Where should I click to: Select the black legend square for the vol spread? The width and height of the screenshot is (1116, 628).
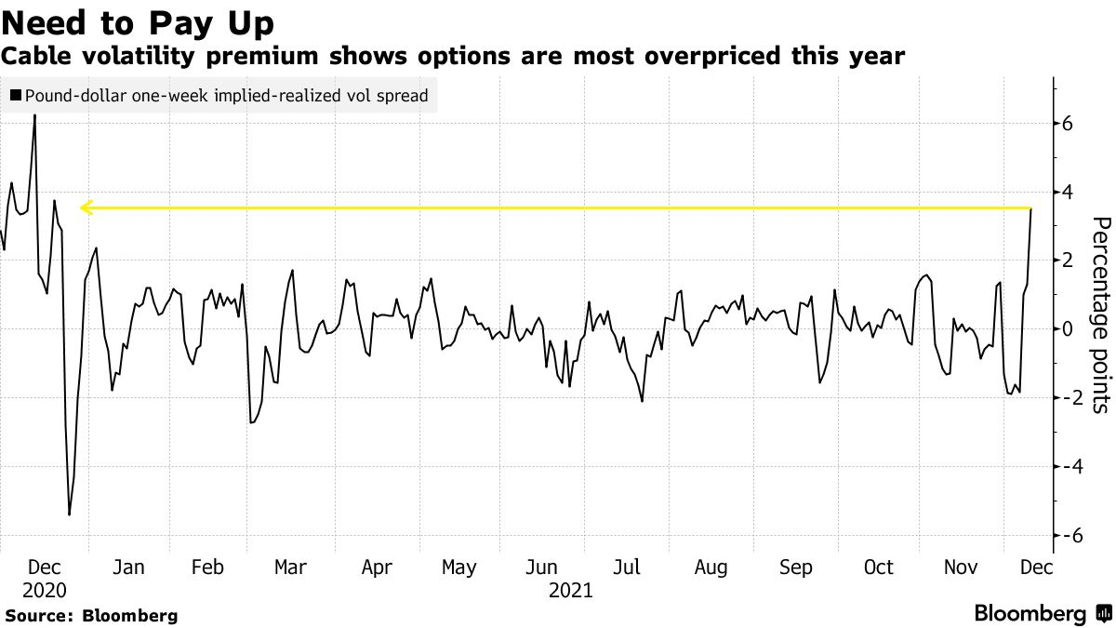click(15, 95)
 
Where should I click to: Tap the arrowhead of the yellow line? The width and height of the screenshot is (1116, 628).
click(86, 207)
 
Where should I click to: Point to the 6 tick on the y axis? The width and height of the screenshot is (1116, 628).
click(1069, 124)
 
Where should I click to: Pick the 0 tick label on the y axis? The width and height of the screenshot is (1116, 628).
click(1069, 329)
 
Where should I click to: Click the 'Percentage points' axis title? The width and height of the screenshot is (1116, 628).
click(1100, 314)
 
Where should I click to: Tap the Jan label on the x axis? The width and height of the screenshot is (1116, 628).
click(127, 568)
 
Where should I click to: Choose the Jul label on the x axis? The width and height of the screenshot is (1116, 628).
click(628, 568)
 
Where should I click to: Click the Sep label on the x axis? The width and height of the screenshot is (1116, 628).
click(795, 568)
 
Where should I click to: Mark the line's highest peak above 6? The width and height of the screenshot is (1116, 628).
click(35, 115)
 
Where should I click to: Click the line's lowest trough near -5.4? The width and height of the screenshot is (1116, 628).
click(69, 514)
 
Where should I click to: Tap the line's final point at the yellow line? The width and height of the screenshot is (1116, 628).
click(1031, 209)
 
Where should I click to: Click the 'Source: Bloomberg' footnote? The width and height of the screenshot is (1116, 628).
click(91, 616)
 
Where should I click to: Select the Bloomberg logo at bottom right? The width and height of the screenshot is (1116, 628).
click(1042, 614)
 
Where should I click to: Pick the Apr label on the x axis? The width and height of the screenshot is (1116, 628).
click(377, 568)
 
